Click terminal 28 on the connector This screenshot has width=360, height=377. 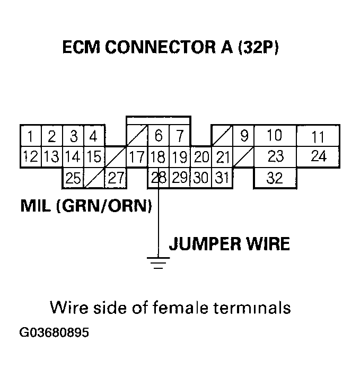click(x=158, y=178)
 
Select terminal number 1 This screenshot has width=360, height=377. click(x=31, y=136)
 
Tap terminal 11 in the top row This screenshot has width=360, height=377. click(x=318, y=137)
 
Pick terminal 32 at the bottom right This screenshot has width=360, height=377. click(x=275, y=178)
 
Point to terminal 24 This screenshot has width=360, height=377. click(x=318, y=157)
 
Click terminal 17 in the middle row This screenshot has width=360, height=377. click(x=137, y=157)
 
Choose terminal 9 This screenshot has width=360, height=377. click(x=244, y=136)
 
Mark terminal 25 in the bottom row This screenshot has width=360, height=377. click(x=73, y=178)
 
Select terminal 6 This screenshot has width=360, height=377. click(x=158, y=136)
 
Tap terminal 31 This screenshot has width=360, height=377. click(x=222, y=178)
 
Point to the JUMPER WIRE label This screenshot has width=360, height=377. click(x=229, y=244)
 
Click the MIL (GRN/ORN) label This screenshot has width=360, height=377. click(x=86, y=206)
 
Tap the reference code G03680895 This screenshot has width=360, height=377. click(x=54, y=334)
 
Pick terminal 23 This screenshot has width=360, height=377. click(x=275, y=157)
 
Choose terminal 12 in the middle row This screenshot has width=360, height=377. click(x=31, y=157)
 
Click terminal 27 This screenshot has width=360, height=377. click(x=116, y=178)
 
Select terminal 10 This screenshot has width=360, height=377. click(x=275, y=136)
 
